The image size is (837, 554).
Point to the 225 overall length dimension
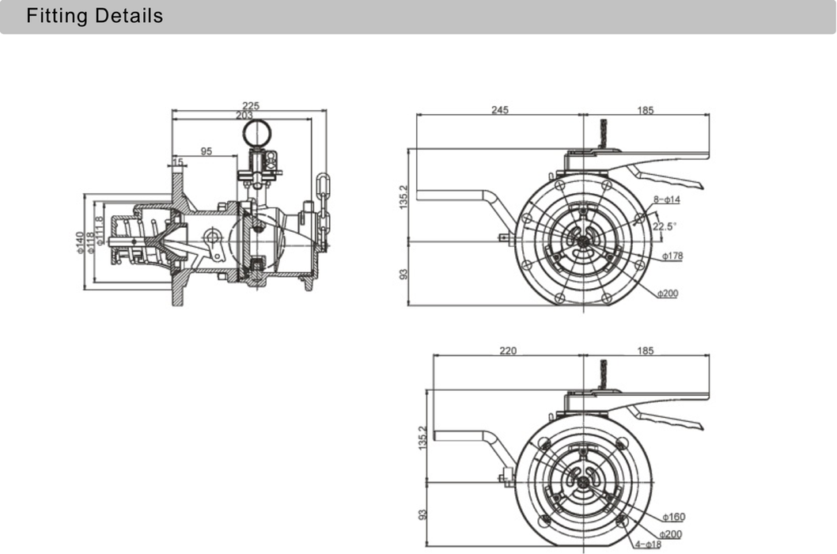[251, 105]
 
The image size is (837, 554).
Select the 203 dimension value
[244, 116]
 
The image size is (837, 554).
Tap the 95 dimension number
[206, 151]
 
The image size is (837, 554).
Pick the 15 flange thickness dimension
[178, 161]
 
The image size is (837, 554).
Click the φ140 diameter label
[80, 242]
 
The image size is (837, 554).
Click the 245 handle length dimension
[499, 110]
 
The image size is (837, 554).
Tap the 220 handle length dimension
[508, 351]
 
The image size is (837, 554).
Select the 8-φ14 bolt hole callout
[668, 199]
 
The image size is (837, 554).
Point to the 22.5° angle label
[664, 226]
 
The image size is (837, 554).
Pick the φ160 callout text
[674, 518]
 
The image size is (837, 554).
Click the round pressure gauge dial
[256, 132]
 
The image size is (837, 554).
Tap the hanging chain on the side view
[322, 202]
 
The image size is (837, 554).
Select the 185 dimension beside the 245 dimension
[646, 110]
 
